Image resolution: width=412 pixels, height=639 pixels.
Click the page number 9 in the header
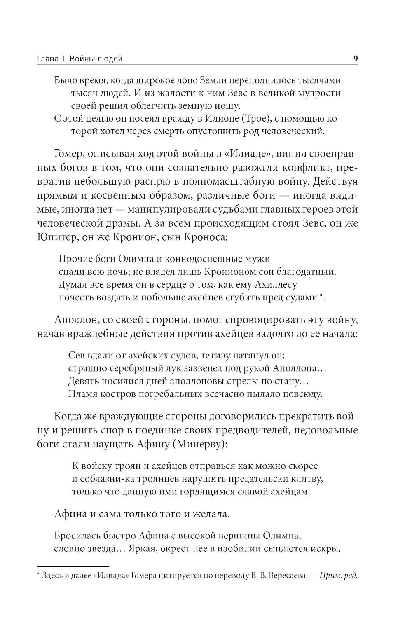[x=355, y=59]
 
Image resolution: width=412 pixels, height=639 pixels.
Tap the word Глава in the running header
[x=46, y=59]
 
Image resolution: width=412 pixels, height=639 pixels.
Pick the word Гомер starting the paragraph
[x=68, y=154]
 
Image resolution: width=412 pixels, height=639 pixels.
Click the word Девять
[x=82, y=381]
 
